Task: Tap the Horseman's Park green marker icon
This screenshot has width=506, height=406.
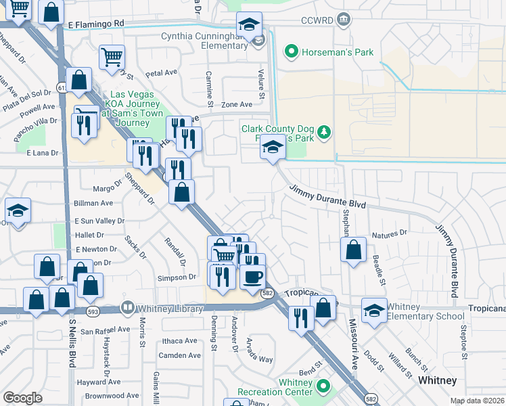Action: [x=292, y=51]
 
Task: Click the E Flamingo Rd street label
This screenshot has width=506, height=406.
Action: [x=96, y=23]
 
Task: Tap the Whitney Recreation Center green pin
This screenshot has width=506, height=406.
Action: [x=323, y=387]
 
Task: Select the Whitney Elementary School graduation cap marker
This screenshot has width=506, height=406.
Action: [x=374, y=310]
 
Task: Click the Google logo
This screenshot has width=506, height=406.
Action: [x=22, y=398]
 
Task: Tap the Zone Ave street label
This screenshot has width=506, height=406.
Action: [x=237, y=105]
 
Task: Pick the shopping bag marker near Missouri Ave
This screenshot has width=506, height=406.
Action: [x=353, y=250]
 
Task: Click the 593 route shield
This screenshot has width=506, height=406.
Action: [x=93, y=311]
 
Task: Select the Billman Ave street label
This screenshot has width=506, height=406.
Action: [x=93, y=203]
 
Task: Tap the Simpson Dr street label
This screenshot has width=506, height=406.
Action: [x=177, y=277]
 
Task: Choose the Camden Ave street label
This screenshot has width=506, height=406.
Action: [x=179, y=355]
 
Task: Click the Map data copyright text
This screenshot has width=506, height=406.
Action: [x=477, y=401]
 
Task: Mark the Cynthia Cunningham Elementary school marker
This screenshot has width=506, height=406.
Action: [x=249, y=24]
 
